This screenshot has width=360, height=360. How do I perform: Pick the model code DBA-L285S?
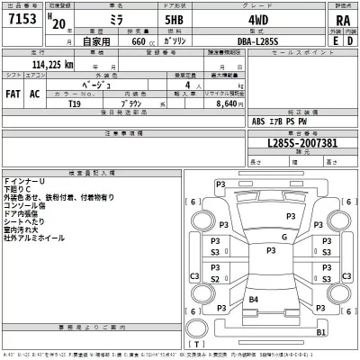click(270, 40)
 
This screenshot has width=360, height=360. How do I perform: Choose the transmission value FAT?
click(13, 93)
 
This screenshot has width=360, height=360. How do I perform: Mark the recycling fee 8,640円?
click(220, 103)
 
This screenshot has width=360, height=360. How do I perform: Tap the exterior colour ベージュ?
click(121, 81)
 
